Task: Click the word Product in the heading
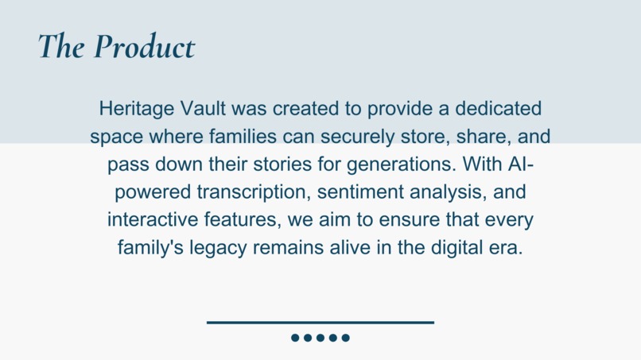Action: pos(143,47)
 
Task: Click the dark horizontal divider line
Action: pos(320,322)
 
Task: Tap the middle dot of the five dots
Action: pos(320,338)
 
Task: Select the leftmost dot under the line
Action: pos(295,338)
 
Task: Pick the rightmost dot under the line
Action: pos(346,338)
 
